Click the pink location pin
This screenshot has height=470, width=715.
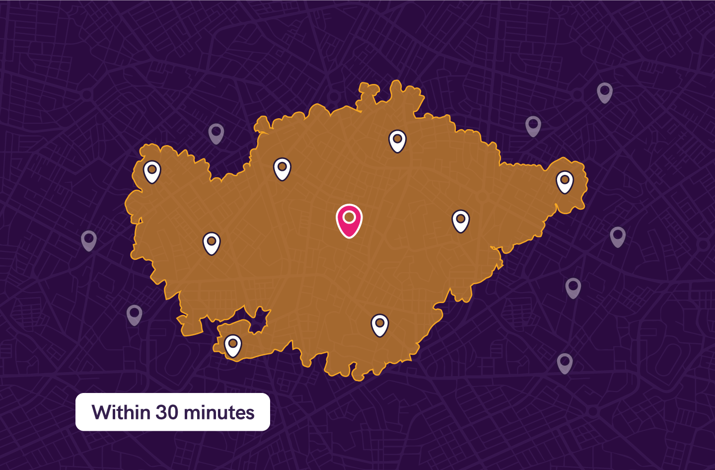(349, 220)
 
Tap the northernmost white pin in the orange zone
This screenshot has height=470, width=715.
(397, 141)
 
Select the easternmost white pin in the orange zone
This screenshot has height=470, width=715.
(565, 182)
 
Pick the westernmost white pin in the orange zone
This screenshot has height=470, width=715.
(152, 171)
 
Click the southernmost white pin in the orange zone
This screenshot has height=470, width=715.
(233, 345)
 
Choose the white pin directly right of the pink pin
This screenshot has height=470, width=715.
(461, 221)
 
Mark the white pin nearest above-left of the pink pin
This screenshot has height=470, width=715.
(282, 169)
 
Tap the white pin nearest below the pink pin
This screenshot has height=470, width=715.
(380, 325)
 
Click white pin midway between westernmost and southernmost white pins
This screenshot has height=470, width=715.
(212, 243)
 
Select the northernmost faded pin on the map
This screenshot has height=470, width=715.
(604, 92)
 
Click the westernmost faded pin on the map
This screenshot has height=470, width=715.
(89, 240)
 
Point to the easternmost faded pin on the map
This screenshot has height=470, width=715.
(618, 236)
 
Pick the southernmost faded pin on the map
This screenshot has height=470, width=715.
(565, 363)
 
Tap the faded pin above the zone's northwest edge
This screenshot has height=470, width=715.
(216, 133)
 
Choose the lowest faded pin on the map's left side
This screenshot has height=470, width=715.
(135, 315)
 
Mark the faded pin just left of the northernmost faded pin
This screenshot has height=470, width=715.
(533, 126)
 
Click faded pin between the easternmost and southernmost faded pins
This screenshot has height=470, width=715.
(573, 288)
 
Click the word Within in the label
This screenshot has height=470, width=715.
(121, 412)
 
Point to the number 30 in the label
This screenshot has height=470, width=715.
(167, 412)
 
